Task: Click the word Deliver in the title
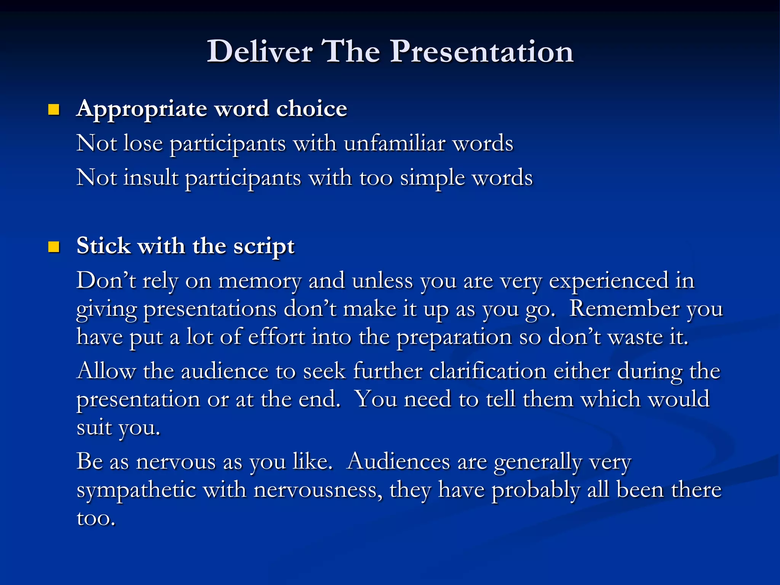point(260,51)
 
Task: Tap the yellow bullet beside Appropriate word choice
point(54,110)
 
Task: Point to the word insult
point(151,178)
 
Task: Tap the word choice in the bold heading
point(312,109)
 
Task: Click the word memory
point(260,282)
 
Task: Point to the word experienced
point(609,282)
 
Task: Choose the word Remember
point(624,308)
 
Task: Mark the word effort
point(276,337)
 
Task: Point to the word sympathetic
point(136,491)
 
